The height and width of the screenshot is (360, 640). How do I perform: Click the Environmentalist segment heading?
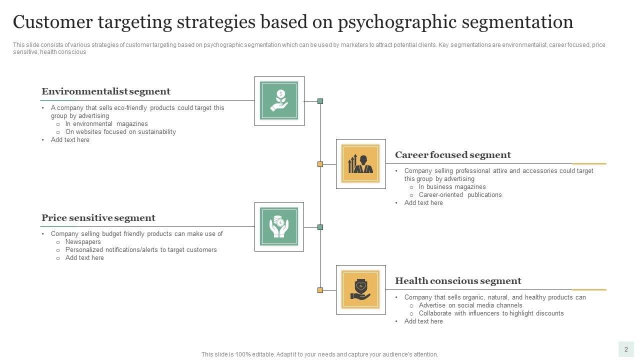pos(106,91)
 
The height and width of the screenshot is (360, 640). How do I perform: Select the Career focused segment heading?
pos(453,155)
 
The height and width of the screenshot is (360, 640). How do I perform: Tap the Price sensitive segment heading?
pos(98,218)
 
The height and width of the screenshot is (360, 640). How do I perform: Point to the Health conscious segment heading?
pos(458,281)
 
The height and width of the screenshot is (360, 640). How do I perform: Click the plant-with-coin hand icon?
pos(279,101)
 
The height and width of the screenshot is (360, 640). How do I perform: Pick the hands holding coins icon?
pos(279,227)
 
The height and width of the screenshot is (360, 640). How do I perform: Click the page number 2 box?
pos(626,349)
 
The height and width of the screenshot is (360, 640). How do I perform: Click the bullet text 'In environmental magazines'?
pos(106,124)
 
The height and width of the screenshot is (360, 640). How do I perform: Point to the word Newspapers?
pos(83,242)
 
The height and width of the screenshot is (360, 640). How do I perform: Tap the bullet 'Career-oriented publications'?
pos(460,195)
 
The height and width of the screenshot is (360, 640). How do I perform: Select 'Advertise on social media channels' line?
pos(470,305)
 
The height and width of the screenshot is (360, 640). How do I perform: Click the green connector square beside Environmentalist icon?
pos(320,101)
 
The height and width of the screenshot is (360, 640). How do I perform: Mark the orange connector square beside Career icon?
pos(320,164)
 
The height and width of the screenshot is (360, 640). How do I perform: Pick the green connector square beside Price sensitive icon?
pos(320,227)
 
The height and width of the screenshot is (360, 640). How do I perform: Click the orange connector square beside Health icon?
pos(320,290)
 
